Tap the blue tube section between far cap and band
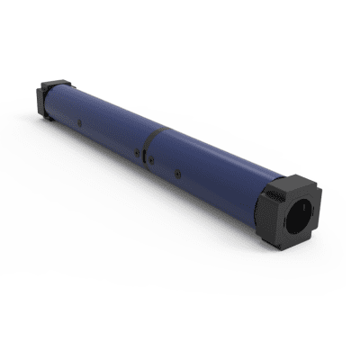point(103,112)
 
